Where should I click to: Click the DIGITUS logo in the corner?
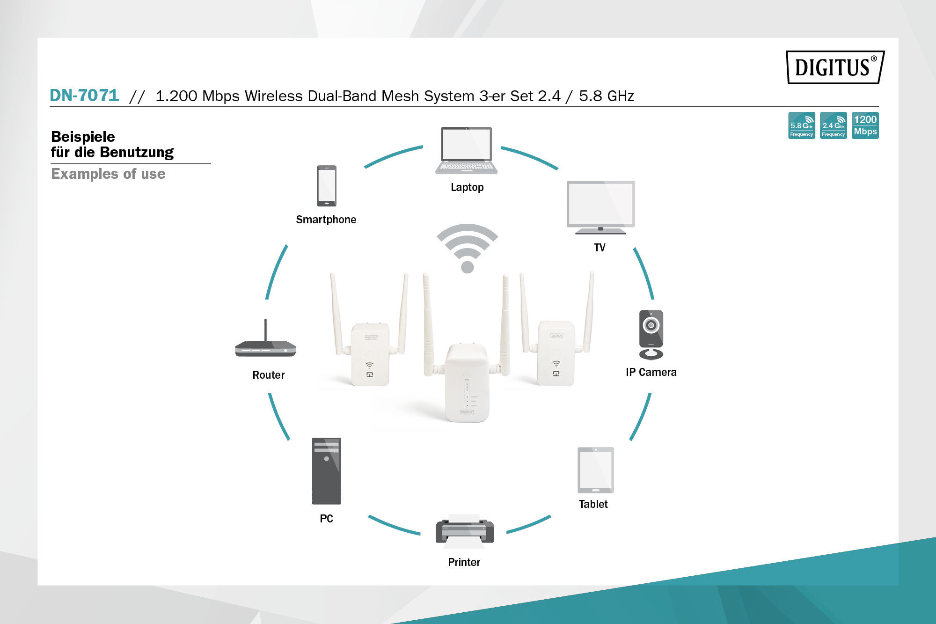[835, 67]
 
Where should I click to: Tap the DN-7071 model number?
[84, 95]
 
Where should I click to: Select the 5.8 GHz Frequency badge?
[801, 125]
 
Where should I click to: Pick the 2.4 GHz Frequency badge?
[833, 125]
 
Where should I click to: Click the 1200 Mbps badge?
[865, 125]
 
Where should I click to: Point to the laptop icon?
[467, 150]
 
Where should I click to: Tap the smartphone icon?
[326, 186]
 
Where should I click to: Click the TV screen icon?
[601, 207]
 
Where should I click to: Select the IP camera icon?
[651, 334]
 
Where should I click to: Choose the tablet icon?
[595, 470]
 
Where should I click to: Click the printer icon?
[464, 532]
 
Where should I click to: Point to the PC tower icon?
[326, 471]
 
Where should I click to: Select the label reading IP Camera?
[651, 372]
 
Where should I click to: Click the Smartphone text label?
[326, 220]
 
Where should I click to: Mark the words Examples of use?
[108, 174]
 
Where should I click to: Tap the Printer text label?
[464, 562]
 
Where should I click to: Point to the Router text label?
[268, 375]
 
